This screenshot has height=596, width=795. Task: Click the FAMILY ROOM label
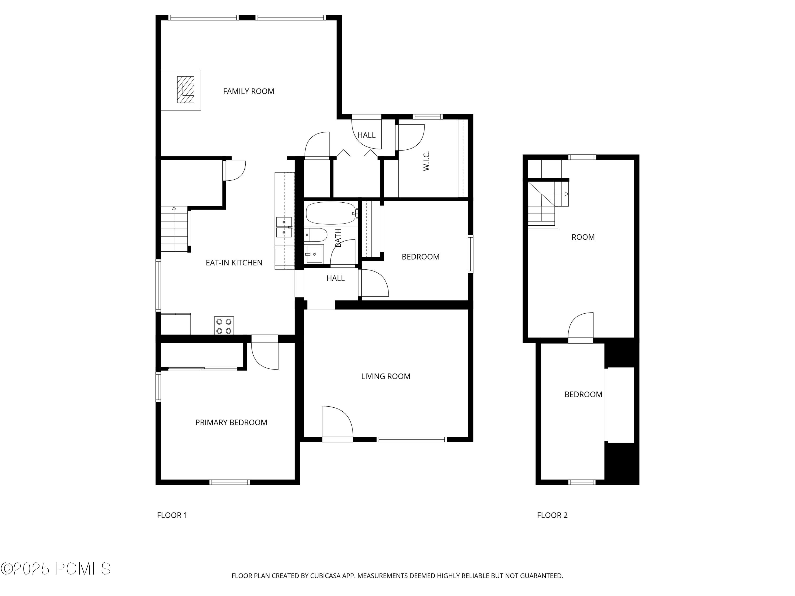248,91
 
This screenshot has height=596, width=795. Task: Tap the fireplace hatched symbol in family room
185,90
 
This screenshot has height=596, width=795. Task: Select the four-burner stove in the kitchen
224,326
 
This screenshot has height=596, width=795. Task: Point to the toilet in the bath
316,235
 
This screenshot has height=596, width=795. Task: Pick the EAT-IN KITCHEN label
234,263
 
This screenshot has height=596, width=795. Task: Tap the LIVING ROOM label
386,376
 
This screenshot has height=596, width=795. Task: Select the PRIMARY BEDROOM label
231,422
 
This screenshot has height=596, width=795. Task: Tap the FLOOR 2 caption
552,515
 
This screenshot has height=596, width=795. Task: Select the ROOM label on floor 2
583,237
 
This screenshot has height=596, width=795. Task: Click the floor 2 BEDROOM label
583,394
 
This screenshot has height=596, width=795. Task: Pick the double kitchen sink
284,227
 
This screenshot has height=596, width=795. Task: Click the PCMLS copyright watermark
56,569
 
